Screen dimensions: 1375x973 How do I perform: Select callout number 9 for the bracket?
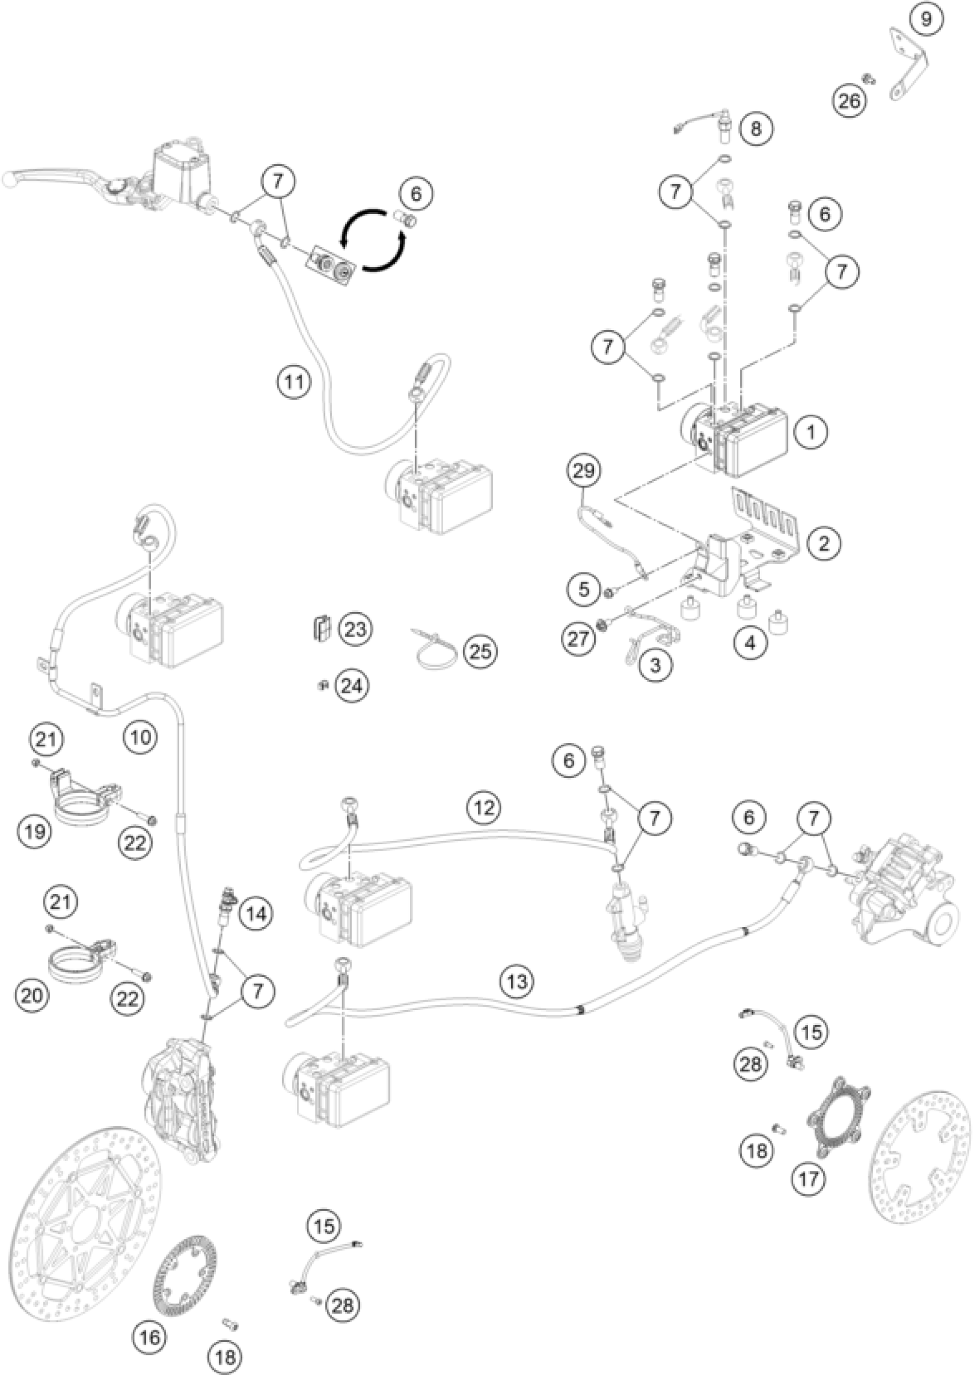click(x=925, y=20)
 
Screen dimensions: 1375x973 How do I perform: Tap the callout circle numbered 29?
click(x=584, y=471)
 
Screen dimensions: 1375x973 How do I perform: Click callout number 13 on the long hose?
click(x=516, y=981)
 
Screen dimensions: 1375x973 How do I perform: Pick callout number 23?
click(x=355, y=629)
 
